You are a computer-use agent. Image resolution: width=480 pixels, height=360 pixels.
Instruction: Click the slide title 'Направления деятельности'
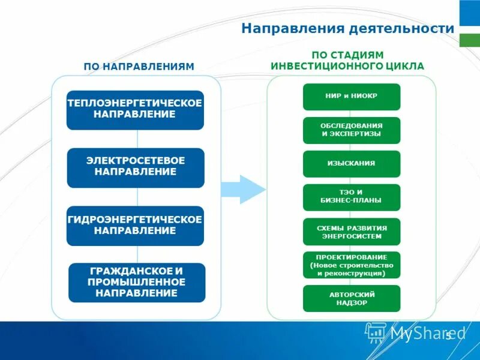(347, 28)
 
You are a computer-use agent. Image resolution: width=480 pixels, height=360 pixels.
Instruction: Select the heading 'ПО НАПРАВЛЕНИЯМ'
(139, 67)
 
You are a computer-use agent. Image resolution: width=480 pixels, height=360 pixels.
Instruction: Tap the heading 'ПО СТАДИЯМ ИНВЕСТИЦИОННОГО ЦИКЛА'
(347, 61)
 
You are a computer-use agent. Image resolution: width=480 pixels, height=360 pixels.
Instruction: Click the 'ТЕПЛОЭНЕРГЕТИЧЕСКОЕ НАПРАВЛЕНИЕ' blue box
(135, 110)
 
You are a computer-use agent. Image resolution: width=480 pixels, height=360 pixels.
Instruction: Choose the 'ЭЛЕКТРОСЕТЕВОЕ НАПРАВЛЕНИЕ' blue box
(136, 167)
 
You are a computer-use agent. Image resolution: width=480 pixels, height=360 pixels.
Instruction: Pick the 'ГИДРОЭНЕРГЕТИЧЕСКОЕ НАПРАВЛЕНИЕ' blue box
(136, 226)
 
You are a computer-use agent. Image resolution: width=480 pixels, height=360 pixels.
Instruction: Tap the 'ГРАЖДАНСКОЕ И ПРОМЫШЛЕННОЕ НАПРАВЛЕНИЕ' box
(137, 282)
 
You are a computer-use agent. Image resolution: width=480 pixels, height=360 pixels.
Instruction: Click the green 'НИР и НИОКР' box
(351, 97)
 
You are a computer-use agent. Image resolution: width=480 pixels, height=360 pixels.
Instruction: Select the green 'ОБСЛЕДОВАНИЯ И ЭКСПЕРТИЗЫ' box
(351, 130)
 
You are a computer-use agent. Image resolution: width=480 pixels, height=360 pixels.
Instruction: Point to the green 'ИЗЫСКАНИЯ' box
(351, 164)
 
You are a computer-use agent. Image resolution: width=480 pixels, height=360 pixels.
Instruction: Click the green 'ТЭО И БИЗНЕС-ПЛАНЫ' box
(351, 197)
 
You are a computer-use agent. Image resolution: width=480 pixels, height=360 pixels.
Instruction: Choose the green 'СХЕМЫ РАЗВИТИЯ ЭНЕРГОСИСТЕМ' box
(351, 232)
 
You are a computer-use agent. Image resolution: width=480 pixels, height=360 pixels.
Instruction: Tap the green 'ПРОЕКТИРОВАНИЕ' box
(351, 265)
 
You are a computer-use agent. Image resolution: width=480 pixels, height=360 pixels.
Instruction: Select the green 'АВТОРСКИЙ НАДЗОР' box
(351, 298)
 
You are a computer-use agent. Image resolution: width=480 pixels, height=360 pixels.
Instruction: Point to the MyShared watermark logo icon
(376, 332)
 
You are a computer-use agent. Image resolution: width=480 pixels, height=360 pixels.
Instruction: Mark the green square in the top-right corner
(469, 40)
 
